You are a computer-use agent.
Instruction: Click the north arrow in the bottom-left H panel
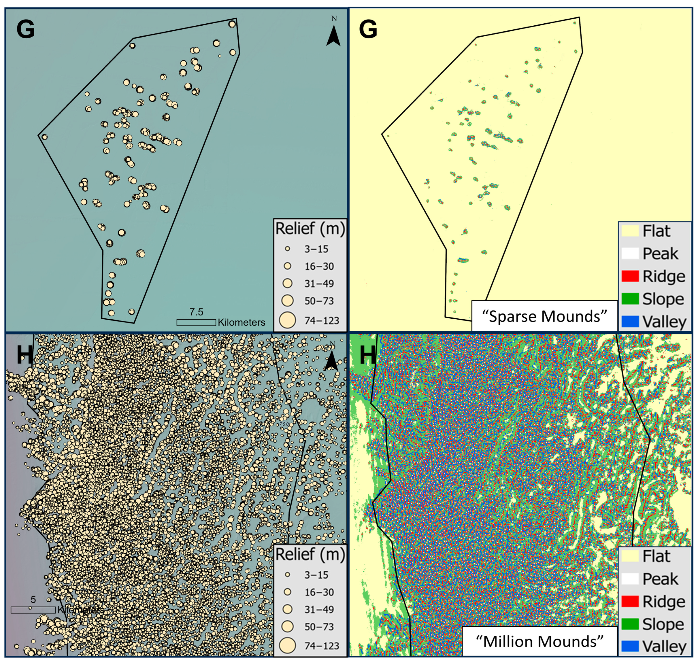[331, 360]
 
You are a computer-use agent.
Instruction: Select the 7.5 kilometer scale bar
[196, 322]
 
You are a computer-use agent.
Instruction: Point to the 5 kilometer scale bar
[33, 610]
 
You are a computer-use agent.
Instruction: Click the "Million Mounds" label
[539, 641]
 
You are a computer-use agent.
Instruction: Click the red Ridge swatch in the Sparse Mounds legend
[630, 276]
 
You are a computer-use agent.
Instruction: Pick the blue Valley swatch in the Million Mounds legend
[630, 646]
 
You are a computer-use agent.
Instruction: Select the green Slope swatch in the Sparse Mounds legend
[630, 299]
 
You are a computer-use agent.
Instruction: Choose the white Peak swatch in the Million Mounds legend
[630, 579]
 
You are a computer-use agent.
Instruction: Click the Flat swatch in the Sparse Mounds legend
[630, 231]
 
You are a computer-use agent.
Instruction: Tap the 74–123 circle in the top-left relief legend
[287, 320]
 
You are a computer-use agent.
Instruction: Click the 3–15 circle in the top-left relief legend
[287, 249]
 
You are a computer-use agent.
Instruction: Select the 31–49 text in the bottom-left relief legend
[319, 609]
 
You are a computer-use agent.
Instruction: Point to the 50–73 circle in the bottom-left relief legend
[287, 626]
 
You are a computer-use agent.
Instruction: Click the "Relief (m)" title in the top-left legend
[310, 228]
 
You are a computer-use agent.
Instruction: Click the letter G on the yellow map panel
[368, 29]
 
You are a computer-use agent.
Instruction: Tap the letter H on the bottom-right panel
[367, 354]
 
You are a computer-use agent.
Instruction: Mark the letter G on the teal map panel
[26, 29]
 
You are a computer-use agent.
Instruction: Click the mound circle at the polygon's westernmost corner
[44, 137]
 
